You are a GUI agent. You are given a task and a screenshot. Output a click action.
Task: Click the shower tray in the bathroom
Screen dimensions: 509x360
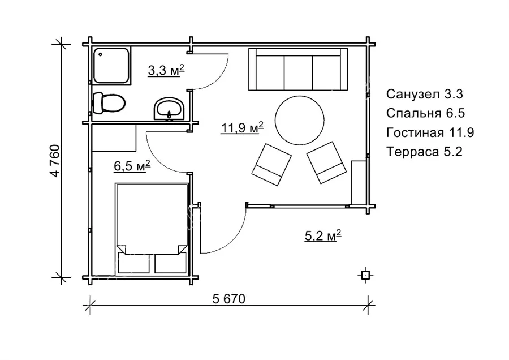tap(111, 66)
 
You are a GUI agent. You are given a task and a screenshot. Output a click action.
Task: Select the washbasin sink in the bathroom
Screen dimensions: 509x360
tap(169, 109)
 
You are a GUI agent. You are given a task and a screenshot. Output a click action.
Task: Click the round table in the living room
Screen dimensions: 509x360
tap(299, 120)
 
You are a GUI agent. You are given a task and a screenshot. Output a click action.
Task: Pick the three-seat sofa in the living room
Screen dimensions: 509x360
tap(298, 69)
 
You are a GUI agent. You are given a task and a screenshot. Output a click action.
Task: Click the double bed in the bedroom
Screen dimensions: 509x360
tap(152, 229)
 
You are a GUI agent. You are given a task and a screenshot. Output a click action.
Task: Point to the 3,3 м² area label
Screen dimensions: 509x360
tap(166, 70)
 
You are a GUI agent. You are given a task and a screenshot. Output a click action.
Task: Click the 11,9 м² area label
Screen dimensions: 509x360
tap(242, 128)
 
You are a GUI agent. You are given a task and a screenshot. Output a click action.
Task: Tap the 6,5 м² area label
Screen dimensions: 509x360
tap(132, 166)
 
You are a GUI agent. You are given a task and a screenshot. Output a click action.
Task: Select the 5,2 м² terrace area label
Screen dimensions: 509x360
tap(323, 235)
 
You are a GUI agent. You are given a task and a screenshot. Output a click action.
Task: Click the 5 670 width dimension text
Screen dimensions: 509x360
tap(229, 299)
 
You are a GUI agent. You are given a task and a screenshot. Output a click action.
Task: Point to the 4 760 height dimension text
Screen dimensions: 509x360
tap(55, 161)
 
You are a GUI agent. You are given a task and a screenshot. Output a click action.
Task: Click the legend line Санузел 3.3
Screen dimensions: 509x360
tap(424, 94)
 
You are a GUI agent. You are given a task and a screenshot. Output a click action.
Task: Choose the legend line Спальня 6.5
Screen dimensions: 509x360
tap(425, 113)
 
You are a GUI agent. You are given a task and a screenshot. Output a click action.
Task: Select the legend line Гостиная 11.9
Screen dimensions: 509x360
tap(430, 132)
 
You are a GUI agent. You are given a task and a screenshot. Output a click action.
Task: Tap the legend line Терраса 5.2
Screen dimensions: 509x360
tap(424, 152)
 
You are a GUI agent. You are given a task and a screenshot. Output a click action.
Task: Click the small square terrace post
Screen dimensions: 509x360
tap(365, 276)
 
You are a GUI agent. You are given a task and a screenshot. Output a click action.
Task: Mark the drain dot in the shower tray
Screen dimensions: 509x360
tap(101, 54)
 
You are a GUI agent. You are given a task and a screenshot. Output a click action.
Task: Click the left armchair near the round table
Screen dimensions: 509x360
tap(271, 164)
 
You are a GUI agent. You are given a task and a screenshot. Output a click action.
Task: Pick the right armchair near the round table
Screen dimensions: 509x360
tap(326, 162)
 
